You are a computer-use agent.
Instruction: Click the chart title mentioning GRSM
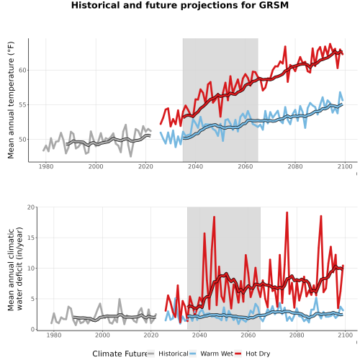180,5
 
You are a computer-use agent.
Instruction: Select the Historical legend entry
168,354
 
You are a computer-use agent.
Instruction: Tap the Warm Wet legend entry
211,354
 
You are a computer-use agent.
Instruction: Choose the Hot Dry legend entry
253,354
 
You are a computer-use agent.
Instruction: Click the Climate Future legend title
120,354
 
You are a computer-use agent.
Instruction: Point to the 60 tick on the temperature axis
22,70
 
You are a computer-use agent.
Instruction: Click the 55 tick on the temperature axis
22,105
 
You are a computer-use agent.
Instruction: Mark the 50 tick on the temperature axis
22,140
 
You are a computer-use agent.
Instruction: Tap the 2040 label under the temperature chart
195,166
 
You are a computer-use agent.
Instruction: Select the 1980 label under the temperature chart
46,166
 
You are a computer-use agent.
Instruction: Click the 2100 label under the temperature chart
345,166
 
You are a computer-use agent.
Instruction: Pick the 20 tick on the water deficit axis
31,207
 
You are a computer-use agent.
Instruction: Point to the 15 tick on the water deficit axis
31,238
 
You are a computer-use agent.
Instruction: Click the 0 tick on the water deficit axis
32,329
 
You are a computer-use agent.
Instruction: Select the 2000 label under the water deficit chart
102,335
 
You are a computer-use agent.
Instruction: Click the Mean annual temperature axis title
11,100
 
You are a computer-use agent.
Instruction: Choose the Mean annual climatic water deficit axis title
15,269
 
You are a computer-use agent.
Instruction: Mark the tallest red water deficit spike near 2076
287,212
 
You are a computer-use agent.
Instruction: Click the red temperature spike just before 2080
285,47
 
